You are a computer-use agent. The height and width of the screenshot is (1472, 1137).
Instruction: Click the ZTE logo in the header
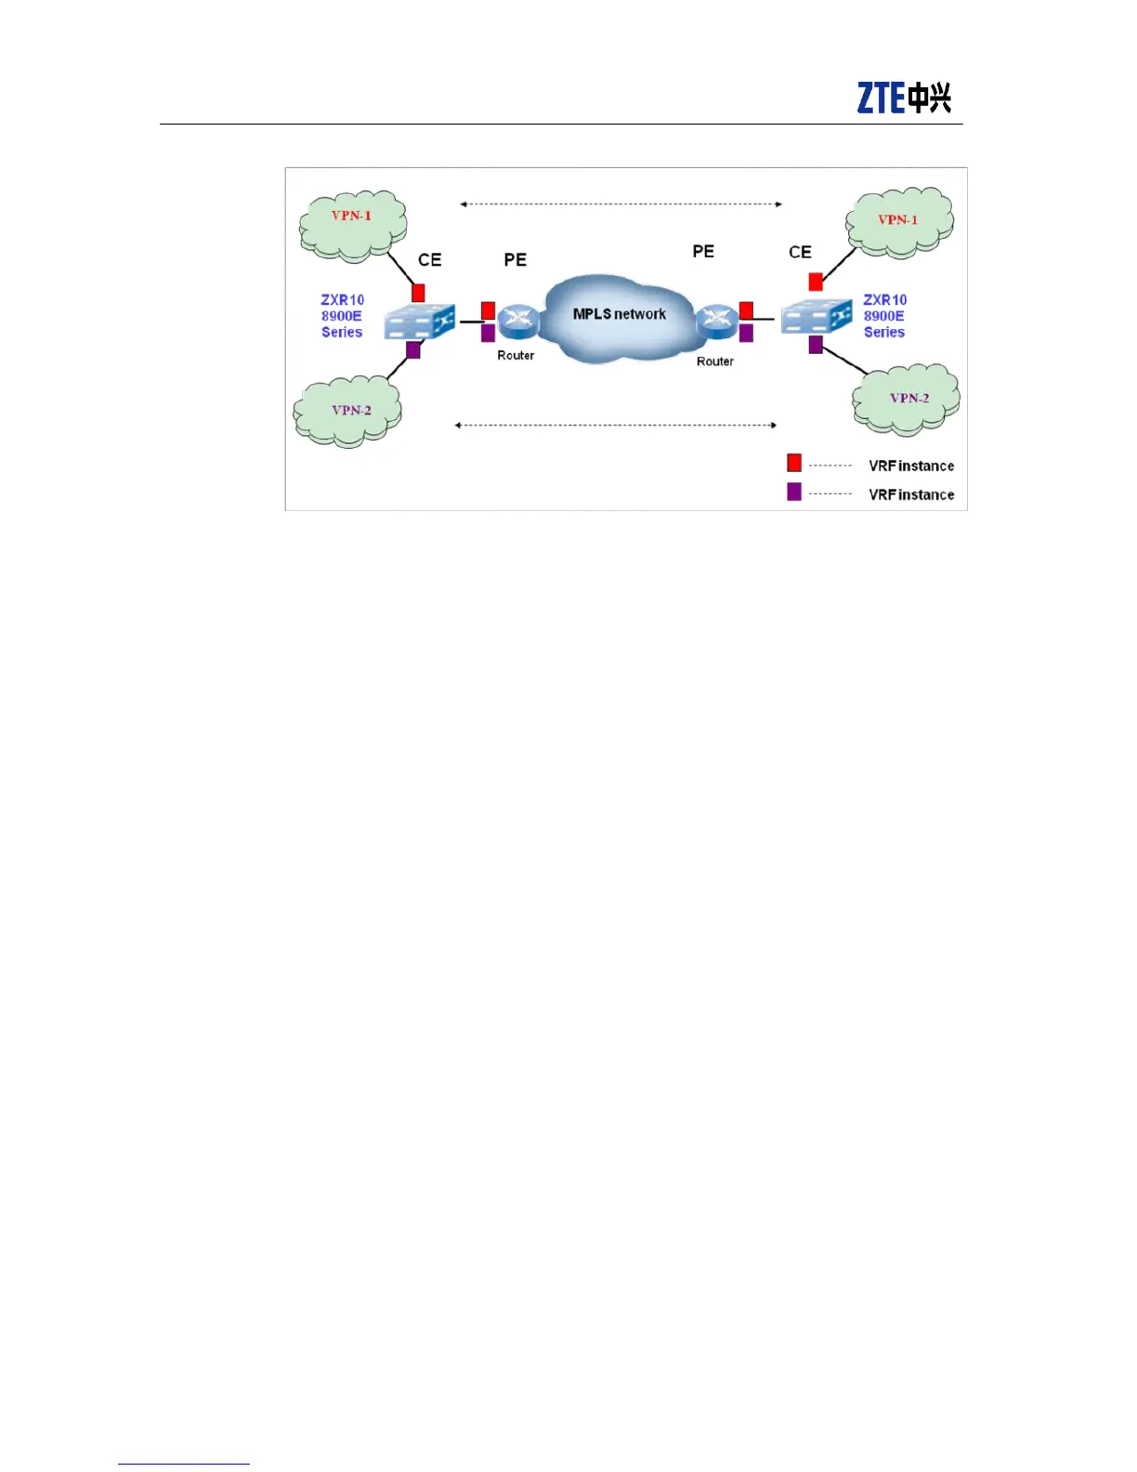[x=903, y=98]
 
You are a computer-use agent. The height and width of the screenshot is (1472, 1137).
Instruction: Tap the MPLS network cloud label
[x=619, y=314]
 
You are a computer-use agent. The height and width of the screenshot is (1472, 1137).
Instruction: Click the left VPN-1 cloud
[x=352, y=224]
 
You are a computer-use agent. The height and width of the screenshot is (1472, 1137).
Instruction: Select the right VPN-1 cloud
[x=898, y=222]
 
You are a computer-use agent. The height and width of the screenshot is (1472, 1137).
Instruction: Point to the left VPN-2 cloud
[x=347, y=412]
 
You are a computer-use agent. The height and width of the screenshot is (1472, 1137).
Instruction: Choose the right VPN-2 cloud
[x=907, y=400]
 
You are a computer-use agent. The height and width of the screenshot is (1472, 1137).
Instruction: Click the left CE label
[x=429, y=259]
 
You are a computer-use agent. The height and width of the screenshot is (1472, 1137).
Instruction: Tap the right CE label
[x=800, y=252]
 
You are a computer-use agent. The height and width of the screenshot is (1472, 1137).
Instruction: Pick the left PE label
[x=515, y=259]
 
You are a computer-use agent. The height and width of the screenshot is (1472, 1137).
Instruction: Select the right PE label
[x=703, y=251]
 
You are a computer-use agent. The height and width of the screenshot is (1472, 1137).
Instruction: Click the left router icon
[x=517, y=322]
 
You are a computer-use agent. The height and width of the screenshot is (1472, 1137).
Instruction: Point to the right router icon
[x=717, y=321]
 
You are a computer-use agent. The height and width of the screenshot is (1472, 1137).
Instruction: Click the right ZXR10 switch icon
[x=817, y=317]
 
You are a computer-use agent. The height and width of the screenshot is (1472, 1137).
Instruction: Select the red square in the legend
[x=794, y=463]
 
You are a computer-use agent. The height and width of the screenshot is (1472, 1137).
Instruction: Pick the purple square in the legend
[x=794, y=492]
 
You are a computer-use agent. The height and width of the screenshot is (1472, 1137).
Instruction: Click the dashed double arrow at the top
[x=621, y=204]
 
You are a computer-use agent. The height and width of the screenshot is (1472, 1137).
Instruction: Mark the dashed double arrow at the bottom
[x=615, y=425]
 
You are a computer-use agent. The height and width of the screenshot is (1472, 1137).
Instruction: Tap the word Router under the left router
[x=516, y=355]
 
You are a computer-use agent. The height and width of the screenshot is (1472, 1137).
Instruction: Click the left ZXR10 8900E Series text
[x=342, y=316]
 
